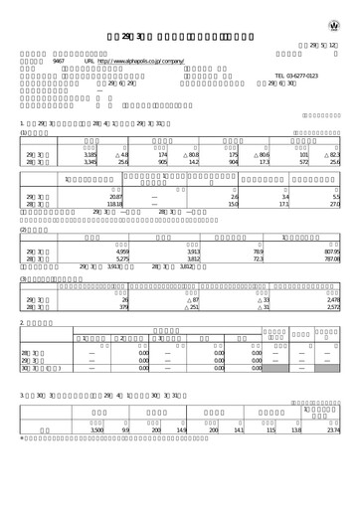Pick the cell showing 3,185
coord(90,155)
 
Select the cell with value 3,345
coord(90,163)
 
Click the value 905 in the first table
coord(162,163)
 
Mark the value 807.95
coord(331,254)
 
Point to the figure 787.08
coord(331,261)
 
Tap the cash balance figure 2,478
coord(332,298)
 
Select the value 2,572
coord(332,306)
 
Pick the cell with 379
coord(124,306)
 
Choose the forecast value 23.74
coord(332,455)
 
